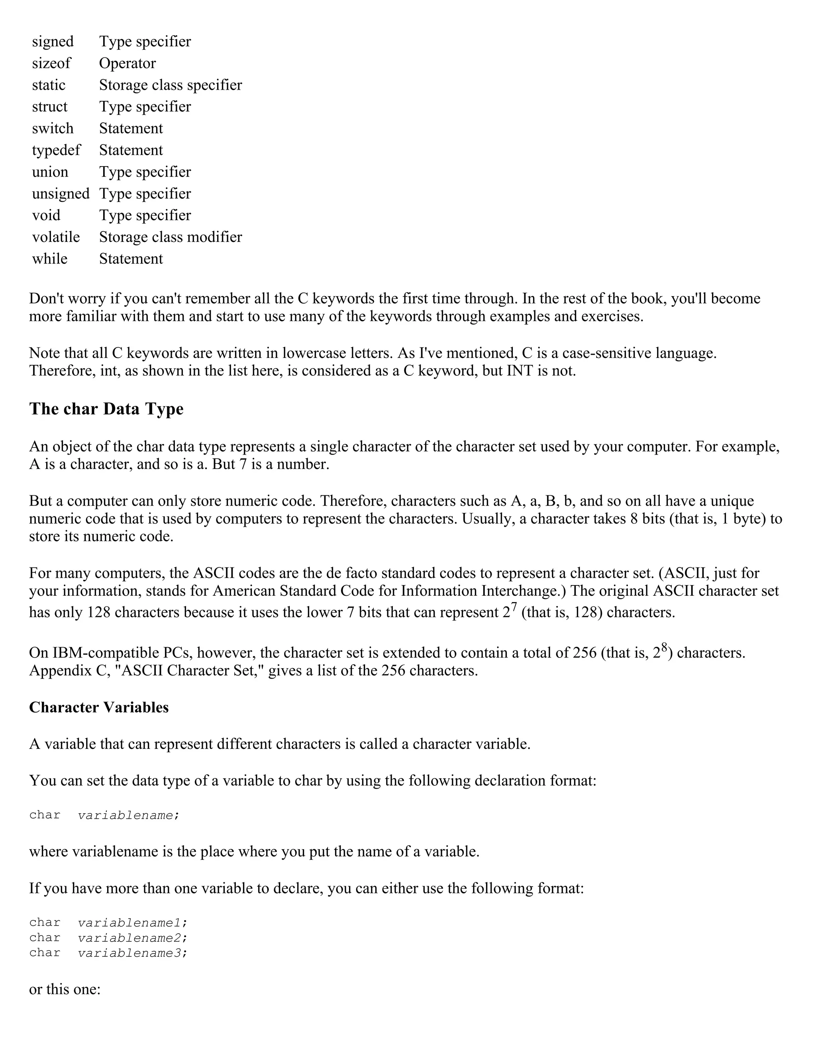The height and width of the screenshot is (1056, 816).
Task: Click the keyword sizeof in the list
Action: point(51,63)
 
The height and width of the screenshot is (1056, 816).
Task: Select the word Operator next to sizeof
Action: point(127,63)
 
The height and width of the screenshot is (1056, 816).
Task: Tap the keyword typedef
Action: point(56,150)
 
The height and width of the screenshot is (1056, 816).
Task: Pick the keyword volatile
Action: point(56,237)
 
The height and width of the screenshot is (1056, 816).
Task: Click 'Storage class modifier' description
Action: point(171,237)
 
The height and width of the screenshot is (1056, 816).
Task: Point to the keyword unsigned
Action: point(61,194)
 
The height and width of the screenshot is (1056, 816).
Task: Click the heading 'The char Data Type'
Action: point(106,409)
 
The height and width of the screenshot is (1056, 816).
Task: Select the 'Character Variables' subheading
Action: point(99,707)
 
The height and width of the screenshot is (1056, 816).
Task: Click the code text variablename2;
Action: point(132,938)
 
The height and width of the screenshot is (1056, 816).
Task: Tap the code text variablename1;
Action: point(132,923)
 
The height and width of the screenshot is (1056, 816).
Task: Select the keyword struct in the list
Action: point(50,107)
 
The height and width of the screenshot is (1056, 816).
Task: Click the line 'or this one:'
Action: point(65,989)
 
